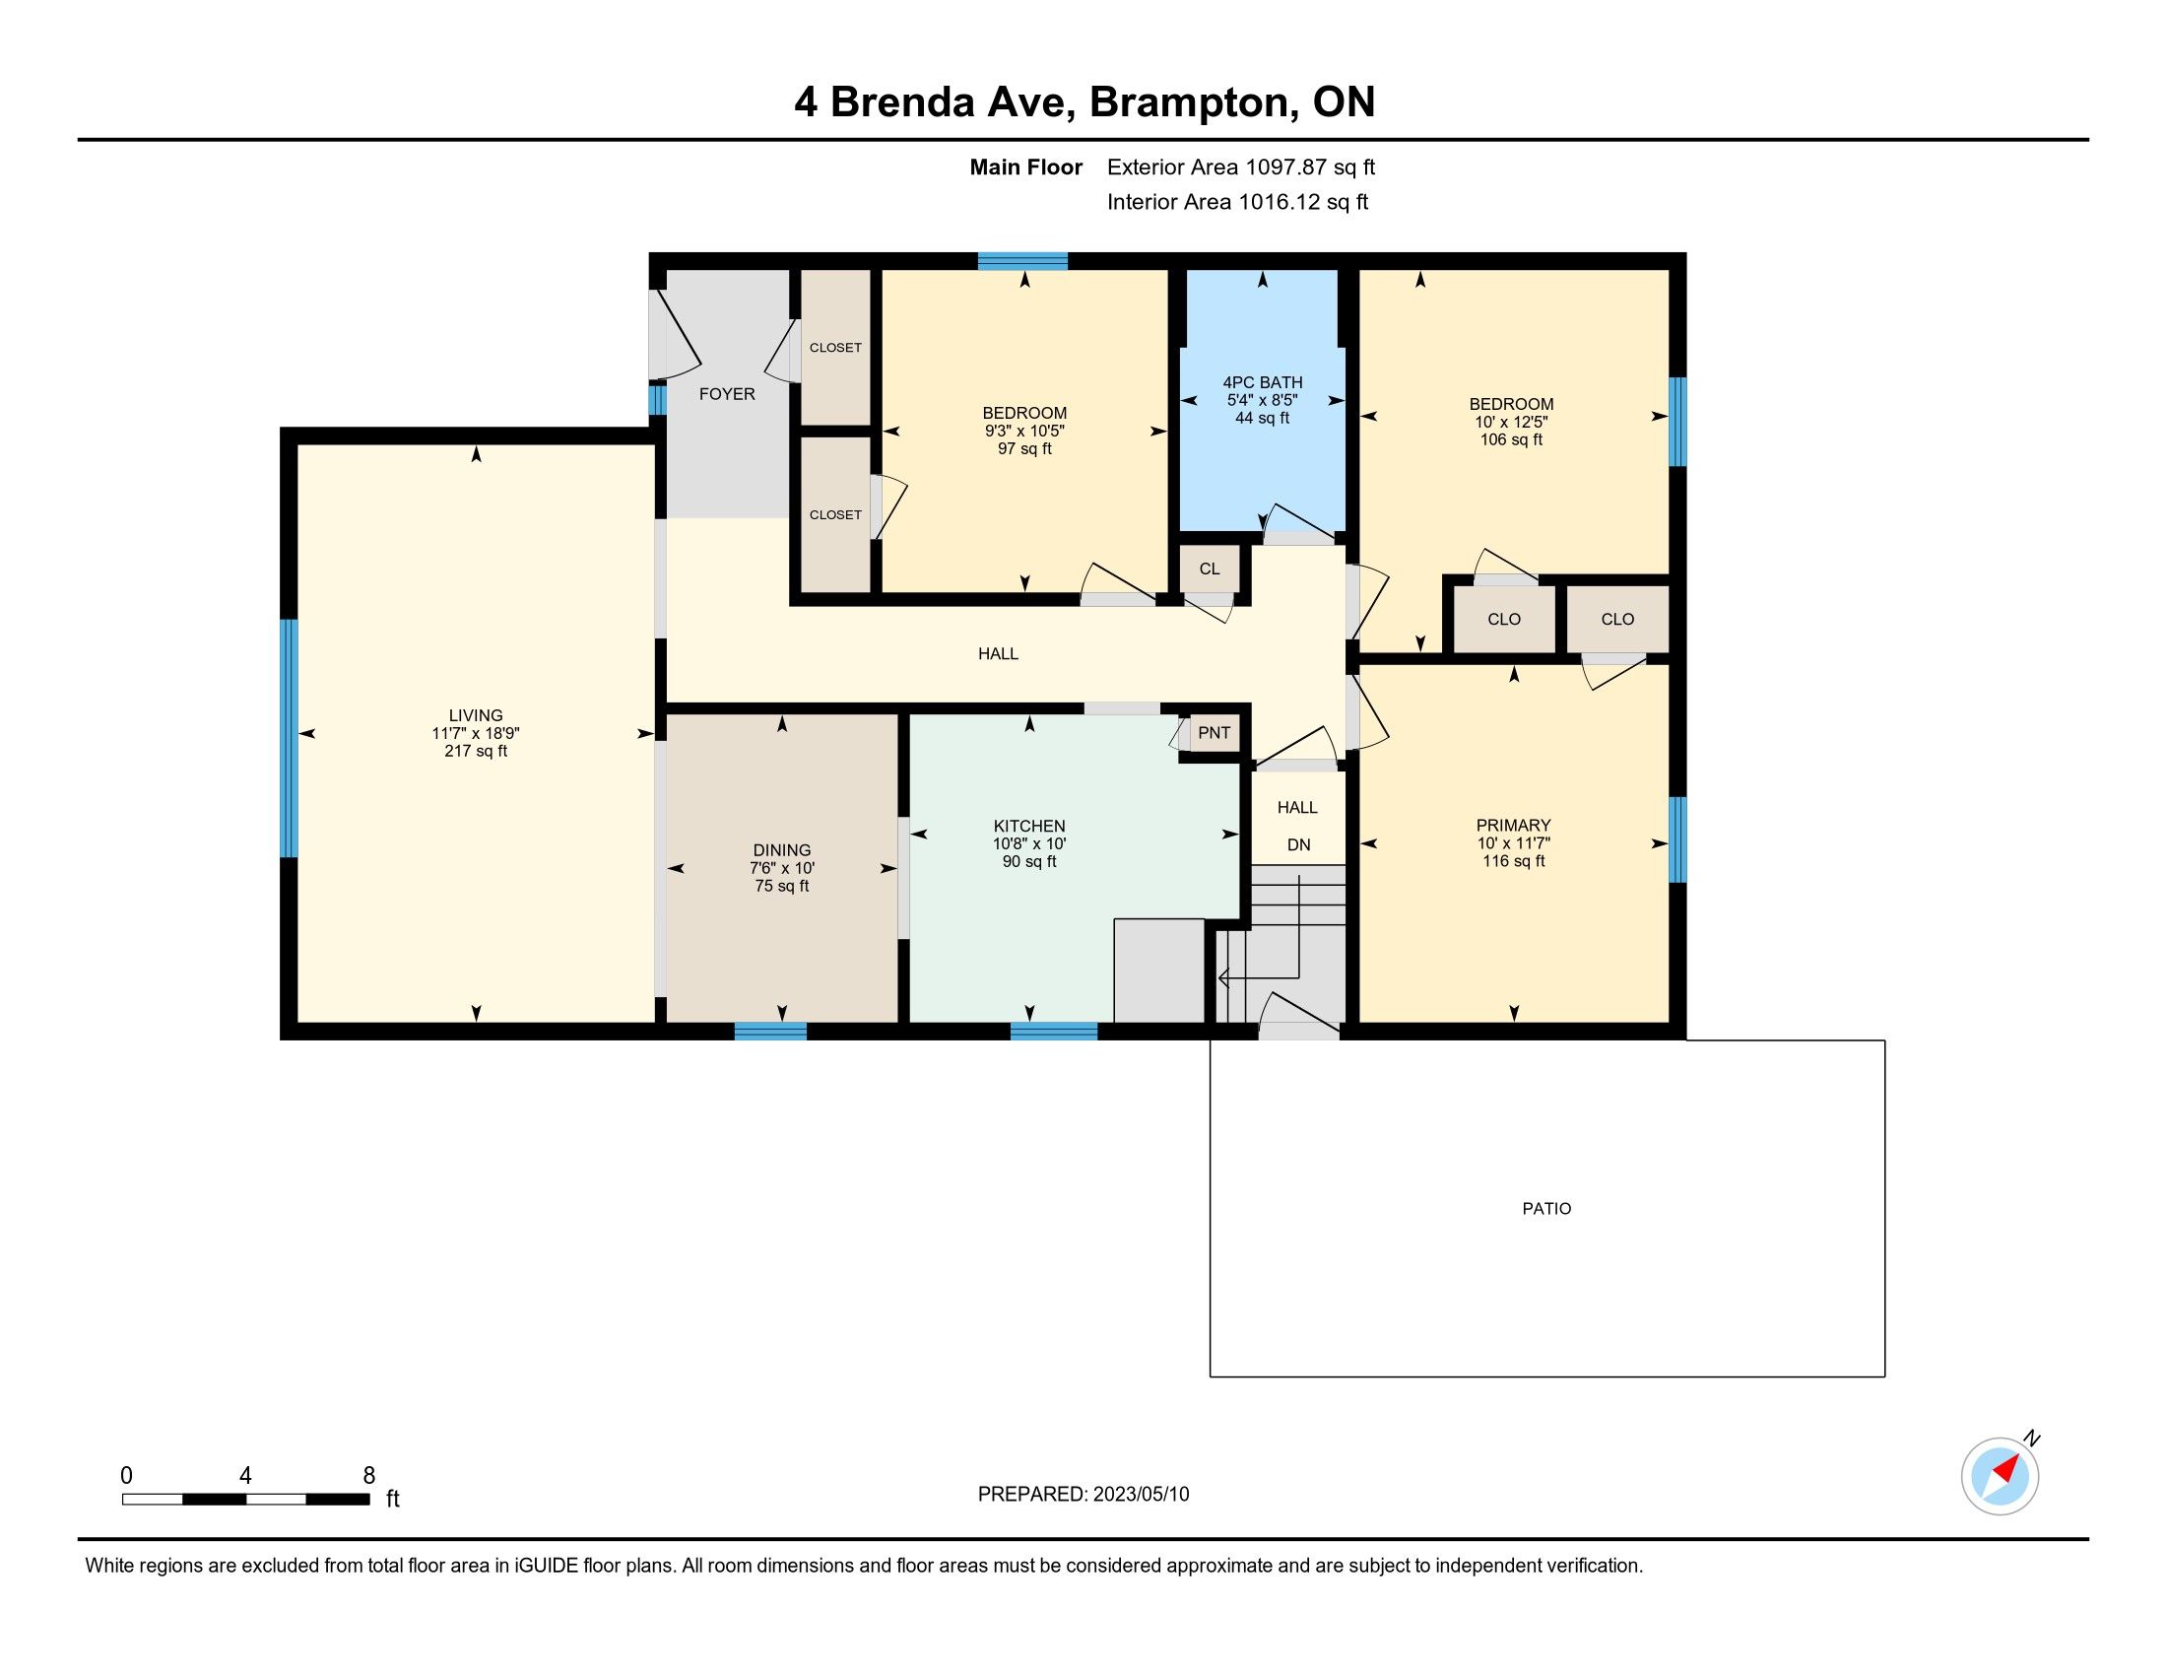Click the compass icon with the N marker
tap(2001, 1476)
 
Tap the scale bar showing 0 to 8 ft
tap(246, 1499)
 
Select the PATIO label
tap(1546, 1209)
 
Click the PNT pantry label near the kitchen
tap(1214, 732)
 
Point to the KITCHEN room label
tap(1029, 826)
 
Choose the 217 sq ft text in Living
tap(476, 751)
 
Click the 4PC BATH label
tap(1262, 382)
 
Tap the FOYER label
tap(726, 394)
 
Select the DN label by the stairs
tap(1299, 844)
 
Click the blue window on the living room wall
tap(289, 737)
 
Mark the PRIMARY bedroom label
tap(1513, 825)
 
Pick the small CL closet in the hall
tap(1210, 569)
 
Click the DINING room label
tap(782, 849)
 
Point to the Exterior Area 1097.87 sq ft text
tap(1241, 167)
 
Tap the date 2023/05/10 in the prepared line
tap(1141, 1495)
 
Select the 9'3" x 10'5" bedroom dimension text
tap(1024, 431)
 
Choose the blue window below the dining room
tap(770, 1031)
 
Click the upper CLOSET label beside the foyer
tap(835, 347)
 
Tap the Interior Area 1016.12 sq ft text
tap(1237, 201)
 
